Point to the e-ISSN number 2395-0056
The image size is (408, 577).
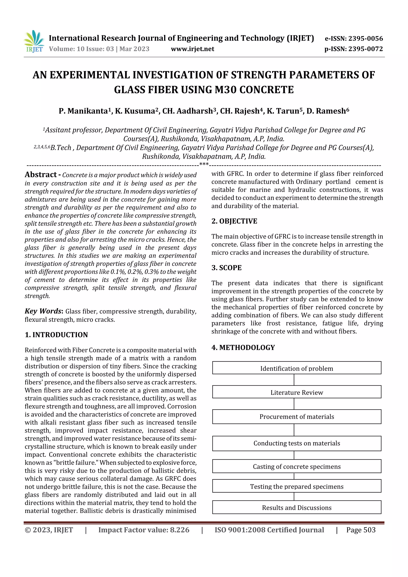tap(365, 38)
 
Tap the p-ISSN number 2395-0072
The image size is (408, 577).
tap(365, 49)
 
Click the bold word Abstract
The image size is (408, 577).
tap(41, 174)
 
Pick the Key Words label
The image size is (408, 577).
tap(43, 311)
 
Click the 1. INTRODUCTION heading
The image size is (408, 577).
tap(56, 335)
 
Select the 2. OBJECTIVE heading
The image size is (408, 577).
tap(234, 221)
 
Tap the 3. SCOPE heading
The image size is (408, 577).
tap(226, 268)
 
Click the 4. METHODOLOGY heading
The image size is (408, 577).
tap(243, 348)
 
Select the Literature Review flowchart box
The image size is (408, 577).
tap(297, 392)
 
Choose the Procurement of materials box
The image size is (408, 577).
tap(297, 417)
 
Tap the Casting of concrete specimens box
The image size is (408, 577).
tap(297, 466)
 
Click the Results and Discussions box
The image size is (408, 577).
tap(297, 508)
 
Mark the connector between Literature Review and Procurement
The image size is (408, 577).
tap(294, 404)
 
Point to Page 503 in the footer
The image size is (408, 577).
tap(361, 530)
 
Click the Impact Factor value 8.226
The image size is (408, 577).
tap(144, 530)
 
